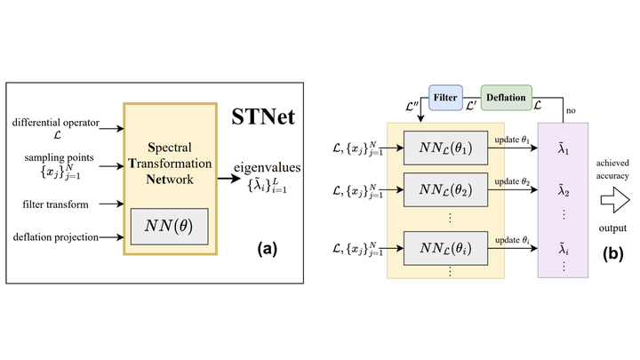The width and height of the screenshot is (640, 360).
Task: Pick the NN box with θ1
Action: (445, 145)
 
